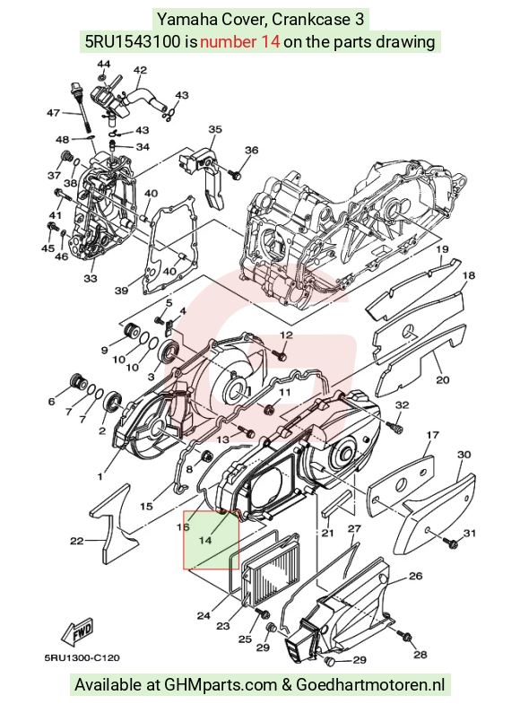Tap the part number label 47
[x=54, y=112]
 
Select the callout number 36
[x=252, y=150]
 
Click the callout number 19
[x=442, y=249]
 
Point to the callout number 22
[x=77, y=541]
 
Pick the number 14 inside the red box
[x=205, y=540]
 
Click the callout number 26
[x=416, y=576]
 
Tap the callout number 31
[x=469, y=533]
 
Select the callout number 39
[x=121, y=291]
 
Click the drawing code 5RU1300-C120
[x=82, y=658]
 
